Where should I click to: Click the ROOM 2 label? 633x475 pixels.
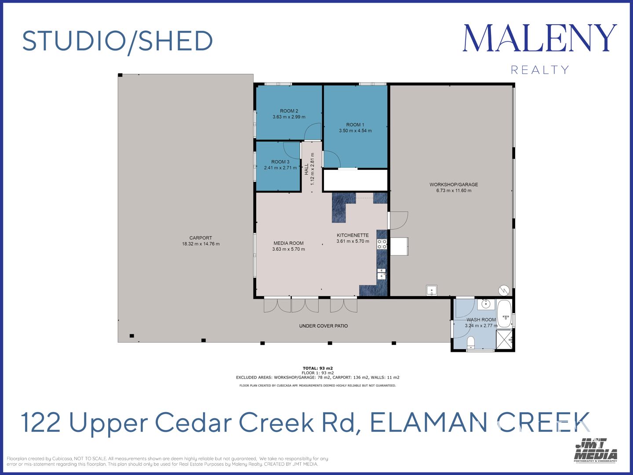coord(289,111)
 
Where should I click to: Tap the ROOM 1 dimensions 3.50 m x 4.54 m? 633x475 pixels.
coord(355,131)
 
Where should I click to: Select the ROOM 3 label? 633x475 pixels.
coord(280,162)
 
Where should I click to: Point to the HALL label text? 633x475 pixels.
coord(306,169)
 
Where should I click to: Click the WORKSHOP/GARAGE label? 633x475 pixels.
coord(454,185)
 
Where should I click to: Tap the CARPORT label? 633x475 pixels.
coord(201,238)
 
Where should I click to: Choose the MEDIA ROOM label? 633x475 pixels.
coord(288,243)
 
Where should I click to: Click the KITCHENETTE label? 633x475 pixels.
coord(353,235)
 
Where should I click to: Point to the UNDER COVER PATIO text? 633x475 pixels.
coord(324,326)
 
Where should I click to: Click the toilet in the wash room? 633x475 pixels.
coord(471,342)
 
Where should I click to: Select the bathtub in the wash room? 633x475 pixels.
coord(504,314)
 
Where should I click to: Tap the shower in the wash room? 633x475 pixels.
coord(504,340)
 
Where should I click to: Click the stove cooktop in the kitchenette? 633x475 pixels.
coord(382,244)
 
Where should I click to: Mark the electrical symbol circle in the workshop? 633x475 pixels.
coord(504,290)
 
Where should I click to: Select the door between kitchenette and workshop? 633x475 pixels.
coord(398,221)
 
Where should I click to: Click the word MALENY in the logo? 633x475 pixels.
coord(539,38)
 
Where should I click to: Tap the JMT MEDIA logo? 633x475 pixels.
coord(595,450)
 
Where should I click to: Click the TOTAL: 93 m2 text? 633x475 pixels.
coord(317,368)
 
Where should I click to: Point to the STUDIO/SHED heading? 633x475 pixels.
coord(117,41)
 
